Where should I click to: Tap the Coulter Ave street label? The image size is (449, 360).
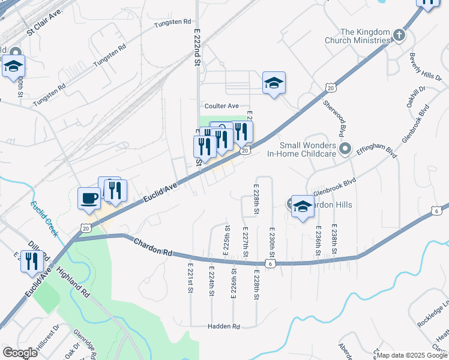tap(221, 106)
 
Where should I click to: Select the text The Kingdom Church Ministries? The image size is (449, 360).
tap(365, 36)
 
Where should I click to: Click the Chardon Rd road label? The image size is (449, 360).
tap(152, 247)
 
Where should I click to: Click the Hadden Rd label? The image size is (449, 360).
tap(224, 326)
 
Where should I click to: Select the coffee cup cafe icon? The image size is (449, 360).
tap(89, 197)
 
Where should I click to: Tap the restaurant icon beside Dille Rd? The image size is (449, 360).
tap(32, 261)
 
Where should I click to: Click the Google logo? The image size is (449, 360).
tap(20, 352)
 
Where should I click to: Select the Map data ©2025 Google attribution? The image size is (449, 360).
tap(412, 355)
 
